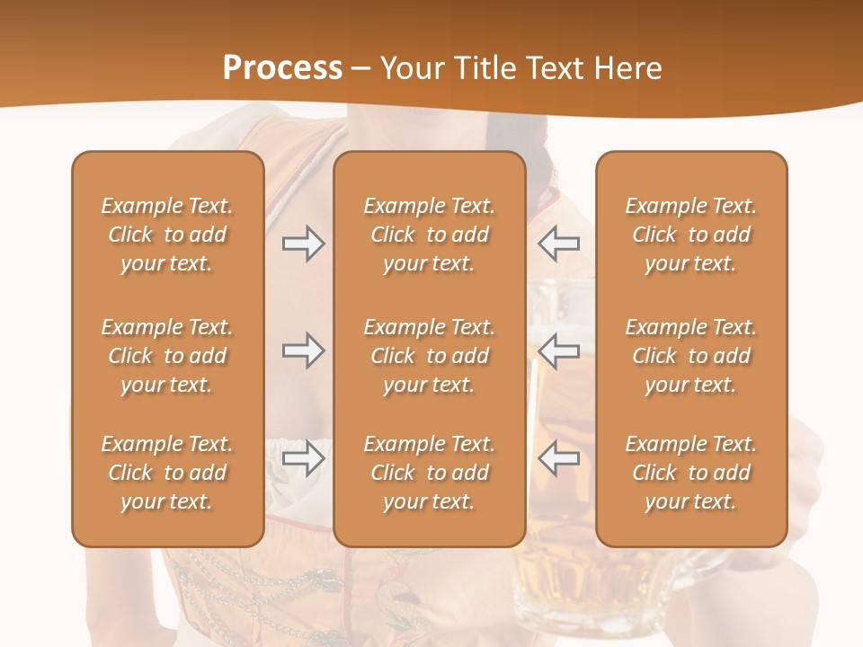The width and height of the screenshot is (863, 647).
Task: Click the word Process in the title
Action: coord(282,68)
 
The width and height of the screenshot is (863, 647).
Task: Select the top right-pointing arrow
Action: coord(303,244)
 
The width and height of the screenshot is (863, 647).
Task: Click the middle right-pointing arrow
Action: coord(303,350)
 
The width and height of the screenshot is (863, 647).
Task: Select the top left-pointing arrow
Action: coord(558,244)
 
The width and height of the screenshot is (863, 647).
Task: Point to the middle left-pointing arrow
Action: coord(558,350)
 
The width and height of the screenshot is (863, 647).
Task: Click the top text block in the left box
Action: coord(167,235)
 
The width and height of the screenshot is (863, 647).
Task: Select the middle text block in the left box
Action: coord(167,356)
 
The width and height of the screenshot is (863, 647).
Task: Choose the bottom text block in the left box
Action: coord(167,473)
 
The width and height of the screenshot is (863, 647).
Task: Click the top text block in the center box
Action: coord(430,235)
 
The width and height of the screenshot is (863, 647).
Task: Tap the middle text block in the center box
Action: coord(430,356)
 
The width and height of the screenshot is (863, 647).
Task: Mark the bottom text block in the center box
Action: coord(430,473)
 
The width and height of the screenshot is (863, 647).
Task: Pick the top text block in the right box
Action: coord(691,235)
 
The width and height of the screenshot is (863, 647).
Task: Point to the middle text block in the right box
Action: coord(691,356)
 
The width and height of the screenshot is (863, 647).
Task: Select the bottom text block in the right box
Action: coord(691,473)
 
